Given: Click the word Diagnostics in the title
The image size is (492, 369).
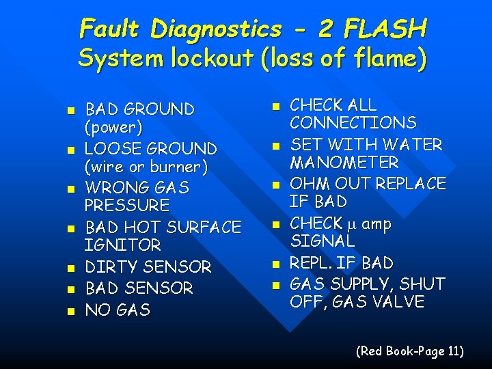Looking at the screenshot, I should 215,29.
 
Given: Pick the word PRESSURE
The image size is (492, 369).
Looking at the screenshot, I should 127,205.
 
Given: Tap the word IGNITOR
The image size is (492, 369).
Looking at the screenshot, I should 122,244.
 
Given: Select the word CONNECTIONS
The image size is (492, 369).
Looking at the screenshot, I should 353,123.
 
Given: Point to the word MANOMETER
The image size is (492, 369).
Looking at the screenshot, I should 344,163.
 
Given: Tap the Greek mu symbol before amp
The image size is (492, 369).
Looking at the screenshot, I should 350,224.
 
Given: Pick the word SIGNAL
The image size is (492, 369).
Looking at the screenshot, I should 322,241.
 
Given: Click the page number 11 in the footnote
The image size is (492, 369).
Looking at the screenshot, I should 452,351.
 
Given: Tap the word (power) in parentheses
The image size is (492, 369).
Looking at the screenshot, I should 113,127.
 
